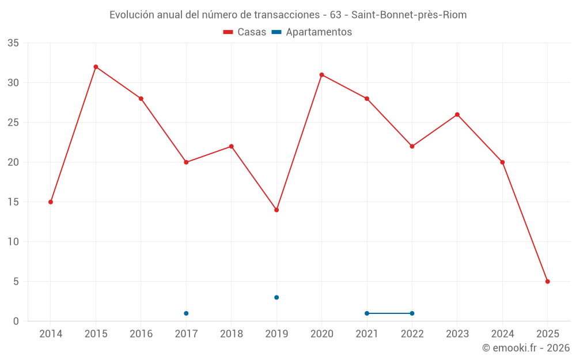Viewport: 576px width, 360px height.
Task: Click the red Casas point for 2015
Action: coord(96,67)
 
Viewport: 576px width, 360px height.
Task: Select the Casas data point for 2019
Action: coord(276,210)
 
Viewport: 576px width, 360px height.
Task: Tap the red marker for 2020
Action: coord(321,75)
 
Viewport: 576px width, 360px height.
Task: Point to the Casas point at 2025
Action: coord(548,282)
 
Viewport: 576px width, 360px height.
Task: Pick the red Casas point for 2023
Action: coord(457,115)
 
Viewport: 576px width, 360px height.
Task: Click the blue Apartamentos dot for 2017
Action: coord(186,313)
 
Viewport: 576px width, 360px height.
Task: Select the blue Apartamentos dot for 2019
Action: coord(276,297)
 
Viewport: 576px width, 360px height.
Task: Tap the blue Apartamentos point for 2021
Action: coord(367,313)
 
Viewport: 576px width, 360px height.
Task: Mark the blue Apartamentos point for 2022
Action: coord(412,313)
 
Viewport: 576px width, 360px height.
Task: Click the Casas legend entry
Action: coord(245,32)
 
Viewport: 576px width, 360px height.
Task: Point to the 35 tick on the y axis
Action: coord(13,43)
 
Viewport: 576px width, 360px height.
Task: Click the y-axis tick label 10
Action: coord(13,242)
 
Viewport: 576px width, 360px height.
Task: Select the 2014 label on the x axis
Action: coord(51,334)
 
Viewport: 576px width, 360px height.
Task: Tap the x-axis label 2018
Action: coord(232,334)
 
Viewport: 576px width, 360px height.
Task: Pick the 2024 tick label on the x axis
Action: coord(502,334)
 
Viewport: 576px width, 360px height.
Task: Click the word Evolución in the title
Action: coord(132,15)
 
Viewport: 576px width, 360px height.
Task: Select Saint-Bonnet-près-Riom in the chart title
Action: coord(409,15)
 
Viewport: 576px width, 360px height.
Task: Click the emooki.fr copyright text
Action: coord(526,348)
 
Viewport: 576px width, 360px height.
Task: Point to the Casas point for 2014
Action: coord(51,202)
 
